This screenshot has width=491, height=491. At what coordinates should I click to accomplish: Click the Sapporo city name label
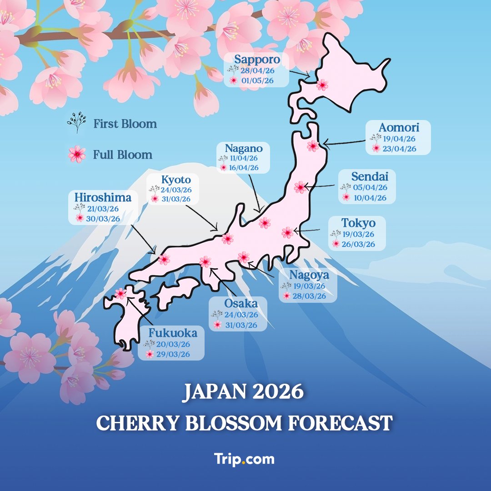(x=257, y=60)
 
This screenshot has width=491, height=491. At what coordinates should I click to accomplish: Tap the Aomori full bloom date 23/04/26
(x=400, y=149)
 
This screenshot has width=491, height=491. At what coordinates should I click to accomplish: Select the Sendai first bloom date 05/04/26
(x=370, y=187)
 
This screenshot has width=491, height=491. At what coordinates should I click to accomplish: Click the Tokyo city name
(x=358, y=223)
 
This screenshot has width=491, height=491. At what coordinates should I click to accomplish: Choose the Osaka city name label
(x=241, y=304)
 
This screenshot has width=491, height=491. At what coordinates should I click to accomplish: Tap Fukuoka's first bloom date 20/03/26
(x=173, y=345)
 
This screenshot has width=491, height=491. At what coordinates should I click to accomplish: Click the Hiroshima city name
(x=103, y=198)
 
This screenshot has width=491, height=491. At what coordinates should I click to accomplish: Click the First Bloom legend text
(x=125, y=124)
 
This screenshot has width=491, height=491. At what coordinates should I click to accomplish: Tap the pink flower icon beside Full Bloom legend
(x=77, y=155)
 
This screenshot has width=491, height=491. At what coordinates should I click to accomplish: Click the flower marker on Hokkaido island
(x=322, y=85)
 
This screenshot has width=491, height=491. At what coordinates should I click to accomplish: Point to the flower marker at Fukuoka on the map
(x=120, y=294)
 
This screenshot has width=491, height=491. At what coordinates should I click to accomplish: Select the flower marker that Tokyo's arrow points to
(x=287, y=233)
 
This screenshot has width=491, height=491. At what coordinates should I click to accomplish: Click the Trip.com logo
(x=245, y=459)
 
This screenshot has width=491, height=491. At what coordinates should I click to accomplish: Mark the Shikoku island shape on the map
(x=175, y=292)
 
